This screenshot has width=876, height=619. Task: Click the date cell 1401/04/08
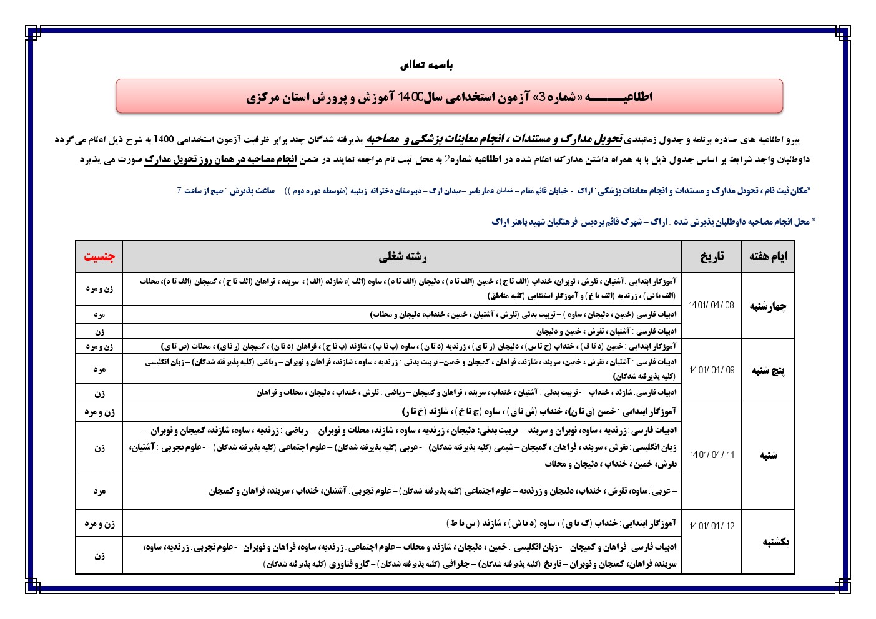coord(711,305)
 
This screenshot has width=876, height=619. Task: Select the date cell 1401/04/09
coord(711,370)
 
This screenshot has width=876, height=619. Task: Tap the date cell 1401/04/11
coord(711,455)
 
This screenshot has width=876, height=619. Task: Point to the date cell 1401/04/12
coord(711,526)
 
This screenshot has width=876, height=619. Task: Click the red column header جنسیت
coord(99,256)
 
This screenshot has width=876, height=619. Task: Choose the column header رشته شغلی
coord(402,256)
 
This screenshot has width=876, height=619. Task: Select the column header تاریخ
coord(711,256)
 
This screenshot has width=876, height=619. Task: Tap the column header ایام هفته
coord(768,256)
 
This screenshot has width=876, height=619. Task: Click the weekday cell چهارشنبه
coord(768,306)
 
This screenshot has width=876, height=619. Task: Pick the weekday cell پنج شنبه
coord(768,371)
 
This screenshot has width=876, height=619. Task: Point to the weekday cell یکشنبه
coord(775,542)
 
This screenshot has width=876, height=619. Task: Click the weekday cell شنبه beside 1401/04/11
coord(768,456)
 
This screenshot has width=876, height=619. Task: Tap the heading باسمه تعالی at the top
coord(426,65)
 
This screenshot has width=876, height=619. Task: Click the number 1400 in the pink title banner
coord(410,97)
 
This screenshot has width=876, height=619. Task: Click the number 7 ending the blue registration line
coord(179,191)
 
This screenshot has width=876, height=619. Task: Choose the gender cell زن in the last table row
coord(99,556)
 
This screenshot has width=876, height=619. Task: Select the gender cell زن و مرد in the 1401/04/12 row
coord(99,524)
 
